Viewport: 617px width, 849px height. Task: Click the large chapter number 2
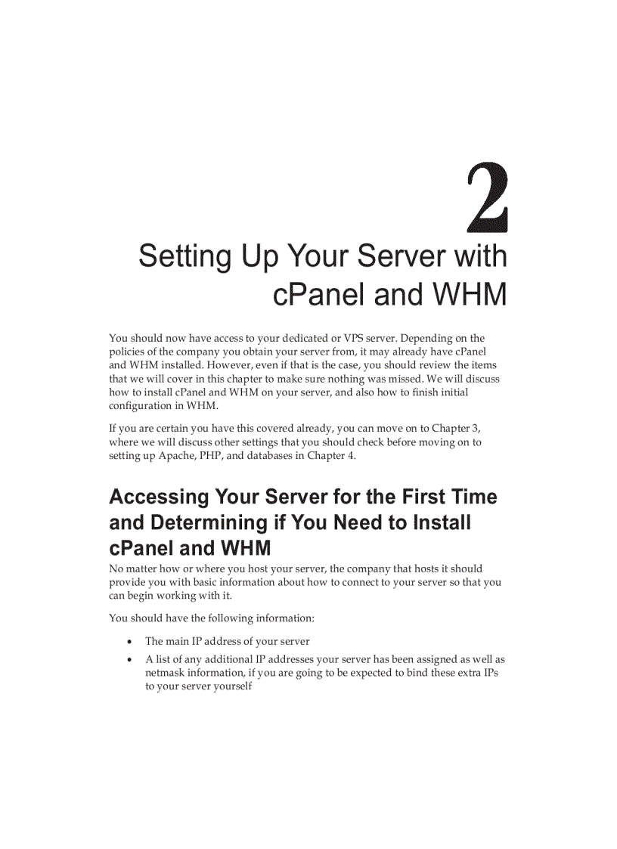pos(487,197)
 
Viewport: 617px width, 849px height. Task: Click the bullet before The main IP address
pos(130,642)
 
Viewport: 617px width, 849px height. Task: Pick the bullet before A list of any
pos(130,660)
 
